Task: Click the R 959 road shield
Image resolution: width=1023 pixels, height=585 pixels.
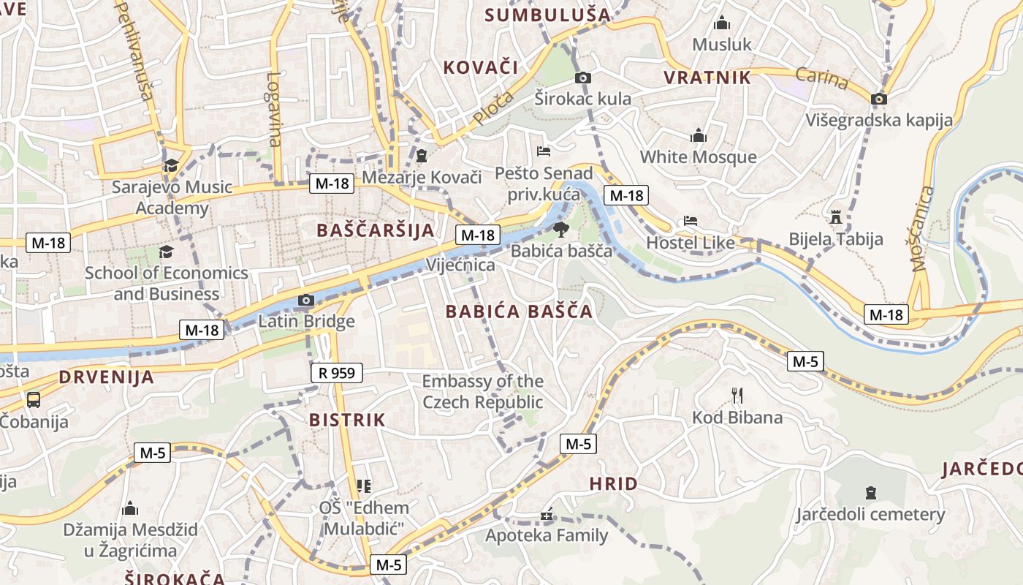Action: pyautogui.click(x=337, y=373)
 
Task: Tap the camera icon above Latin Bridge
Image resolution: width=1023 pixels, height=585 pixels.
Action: pyautogui.click(x=306, y=300)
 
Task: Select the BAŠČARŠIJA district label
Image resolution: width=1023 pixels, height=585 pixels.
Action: pyautogui.click(x=375, y=230)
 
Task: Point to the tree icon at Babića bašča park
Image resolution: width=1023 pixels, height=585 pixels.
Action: pyautogui.click(x=560, y=230)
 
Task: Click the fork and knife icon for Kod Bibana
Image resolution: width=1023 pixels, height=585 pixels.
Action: pyautogui.click(x=737, y=396)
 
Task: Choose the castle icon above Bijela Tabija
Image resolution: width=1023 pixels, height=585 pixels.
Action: pyautogui.click(x=836, y=217)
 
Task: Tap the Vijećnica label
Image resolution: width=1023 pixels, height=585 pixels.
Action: pyautogui.click(x=461, y=265)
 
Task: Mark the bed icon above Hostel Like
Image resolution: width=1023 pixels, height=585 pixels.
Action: pyautogui.click(x=690, y=220)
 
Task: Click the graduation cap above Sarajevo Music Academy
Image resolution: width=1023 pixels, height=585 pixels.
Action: pyautogui.click(x=171, y=165)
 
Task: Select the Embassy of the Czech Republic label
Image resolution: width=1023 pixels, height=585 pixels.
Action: pyautogui.click(x=483, y=391)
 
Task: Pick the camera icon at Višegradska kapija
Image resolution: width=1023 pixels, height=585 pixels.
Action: pyautogui.click(x=879, y=99)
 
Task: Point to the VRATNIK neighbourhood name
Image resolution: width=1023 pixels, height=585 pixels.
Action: pyautogui.click(x=707, y=78)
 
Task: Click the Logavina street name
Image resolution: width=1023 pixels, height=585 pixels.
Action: pyautogui.click(x=274, y=109)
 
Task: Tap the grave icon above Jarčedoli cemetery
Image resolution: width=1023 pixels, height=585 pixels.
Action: pyautogui.click(x=870, y=492)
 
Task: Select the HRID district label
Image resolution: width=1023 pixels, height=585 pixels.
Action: pyautogui.click(x=613, y=483)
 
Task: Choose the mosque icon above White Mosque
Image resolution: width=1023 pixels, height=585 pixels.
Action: pyautogui.click(x=699, y=135)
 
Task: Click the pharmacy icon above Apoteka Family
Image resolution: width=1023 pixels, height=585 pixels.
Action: pyautogui.click(x=547, y=515)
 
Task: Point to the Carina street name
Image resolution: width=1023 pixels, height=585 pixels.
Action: pyautogui.click(x=822, y=77)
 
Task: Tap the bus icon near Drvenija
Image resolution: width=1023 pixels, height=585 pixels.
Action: pyautogui.click(x=34, y=399)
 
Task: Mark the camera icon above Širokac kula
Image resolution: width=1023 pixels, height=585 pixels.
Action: pyautogui.click(x=582, y=78)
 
